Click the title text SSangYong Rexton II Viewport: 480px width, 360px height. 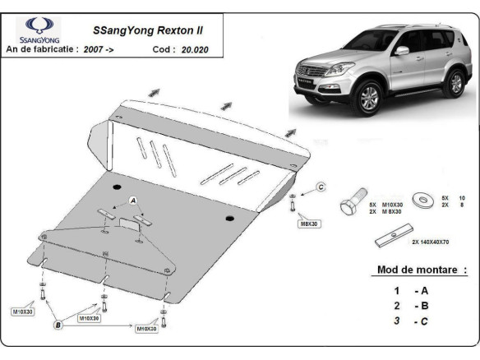pos(145,30)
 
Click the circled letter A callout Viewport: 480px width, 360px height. pos(132,200)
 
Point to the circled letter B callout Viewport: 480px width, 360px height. pos(58,325)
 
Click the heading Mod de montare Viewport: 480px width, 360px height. pos(421,270)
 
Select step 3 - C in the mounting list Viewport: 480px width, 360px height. pos(410,321)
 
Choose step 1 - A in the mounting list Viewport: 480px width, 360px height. pos(410,290)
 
